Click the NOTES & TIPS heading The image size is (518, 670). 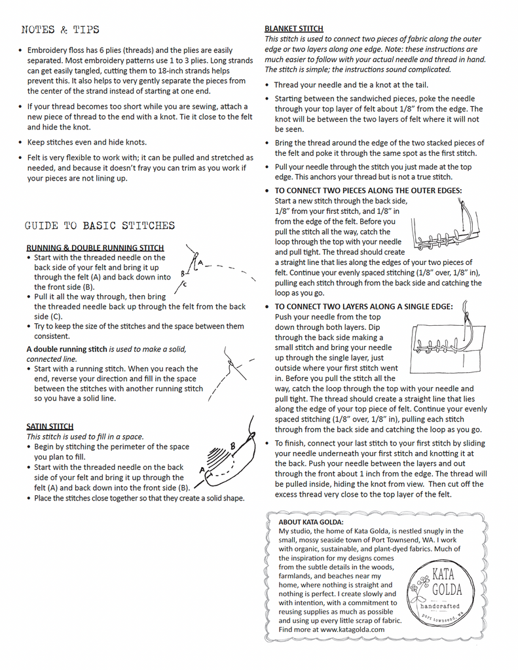(60, 29)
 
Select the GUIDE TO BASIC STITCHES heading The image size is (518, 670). (100, 226)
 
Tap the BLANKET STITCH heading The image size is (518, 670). (293, 29)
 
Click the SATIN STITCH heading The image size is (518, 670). (50, 427)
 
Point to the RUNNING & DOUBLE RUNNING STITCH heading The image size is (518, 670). (95, 248)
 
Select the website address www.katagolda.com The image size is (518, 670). (352, 629)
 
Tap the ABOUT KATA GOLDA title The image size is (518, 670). (310, 522)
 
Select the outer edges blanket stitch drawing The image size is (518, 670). (445, 226)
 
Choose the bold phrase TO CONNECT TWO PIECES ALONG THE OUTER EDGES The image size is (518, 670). (368, 190)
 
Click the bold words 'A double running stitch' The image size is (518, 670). (67, 349)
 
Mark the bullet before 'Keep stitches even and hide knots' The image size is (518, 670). (21, 143)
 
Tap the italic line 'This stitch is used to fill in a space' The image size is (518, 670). (85, 436)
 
